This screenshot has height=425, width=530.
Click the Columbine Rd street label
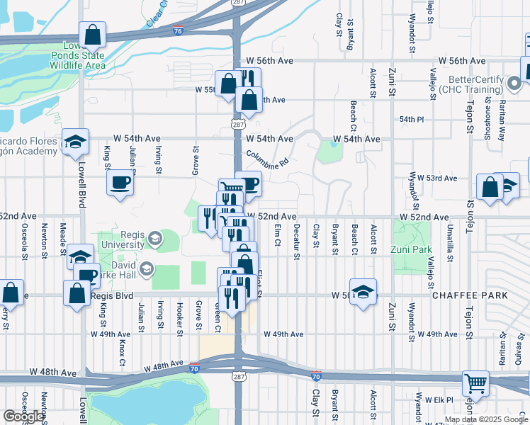(267, 157)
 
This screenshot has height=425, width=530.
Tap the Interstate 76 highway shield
(177, 31)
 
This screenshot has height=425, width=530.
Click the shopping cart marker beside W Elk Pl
(475, 383)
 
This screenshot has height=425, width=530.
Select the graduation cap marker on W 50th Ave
(363, 292)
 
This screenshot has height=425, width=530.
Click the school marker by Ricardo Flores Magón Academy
(75, 142)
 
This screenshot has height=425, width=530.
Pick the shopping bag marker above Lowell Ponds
(93, 34)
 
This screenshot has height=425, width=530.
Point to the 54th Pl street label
(411, 120)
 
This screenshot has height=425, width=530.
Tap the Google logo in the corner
(23, 416)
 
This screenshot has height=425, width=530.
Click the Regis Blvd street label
(111, 295)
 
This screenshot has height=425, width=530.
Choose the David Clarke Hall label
(117, 269)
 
